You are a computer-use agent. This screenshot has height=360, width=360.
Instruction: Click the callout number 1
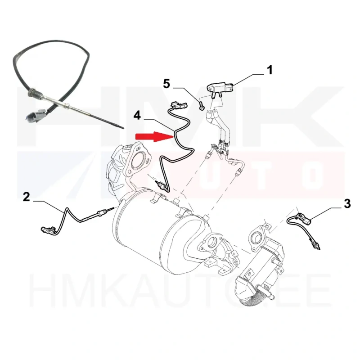[x=270, y=70]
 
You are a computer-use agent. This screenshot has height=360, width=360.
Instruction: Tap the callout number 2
[x=27, y=197]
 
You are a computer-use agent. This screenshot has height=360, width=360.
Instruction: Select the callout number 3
[x=347, y=204]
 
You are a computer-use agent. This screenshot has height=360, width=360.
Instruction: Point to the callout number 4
[x=137, y=115]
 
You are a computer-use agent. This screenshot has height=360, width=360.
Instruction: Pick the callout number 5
[x=166, y=84]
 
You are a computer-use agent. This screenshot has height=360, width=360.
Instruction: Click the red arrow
[x=154, y=137]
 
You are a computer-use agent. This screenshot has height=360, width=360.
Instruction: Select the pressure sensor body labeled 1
[x=220, y=88]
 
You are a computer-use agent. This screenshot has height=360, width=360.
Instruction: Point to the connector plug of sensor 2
[x=47, y=230]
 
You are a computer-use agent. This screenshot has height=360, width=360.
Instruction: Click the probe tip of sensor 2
[x=112, y=208]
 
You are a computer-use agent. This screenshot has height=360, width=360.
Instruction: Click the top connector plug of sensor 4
[x=178, y=105]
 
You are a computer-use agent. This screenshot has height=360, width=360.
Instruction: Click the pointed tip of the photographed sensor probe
[x=123, y=128]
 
